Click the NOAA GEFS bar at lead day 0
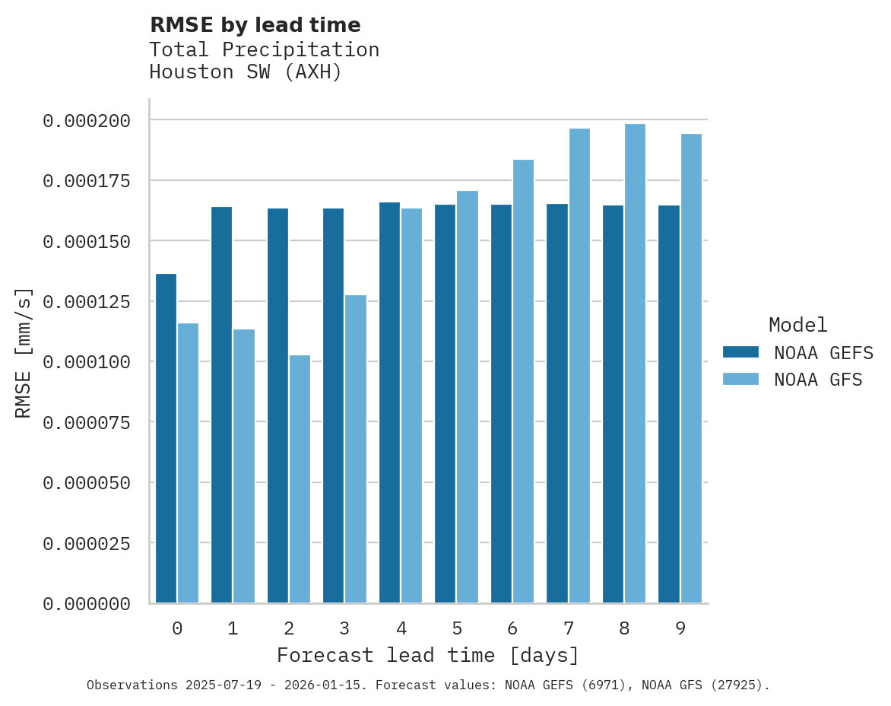point(166,438)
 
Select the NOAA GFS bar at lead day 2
point(300,479)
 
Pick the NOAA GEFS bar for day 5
point(445,404)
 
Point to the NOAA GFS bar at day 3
point(356,449)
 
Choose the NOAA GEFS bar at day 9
point(669,404)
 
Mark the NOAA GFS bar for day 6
point(523,381)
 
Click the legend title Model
point(797,325)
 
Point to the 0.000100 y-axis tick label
point(87,362)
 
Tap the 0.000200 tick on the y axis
point(87,120)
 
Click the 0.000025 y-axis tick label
point(87,543)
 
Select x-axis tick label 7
point(568,628)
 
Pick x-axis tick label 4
point(401,628)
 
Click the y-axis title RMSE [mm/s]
point(24,353)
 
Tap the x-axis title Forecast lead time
point(428,655)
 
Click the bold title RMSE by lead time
point(255,25)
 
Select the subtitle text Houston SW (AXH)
point(246,72)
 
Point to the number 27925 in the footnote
point(734,685)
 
